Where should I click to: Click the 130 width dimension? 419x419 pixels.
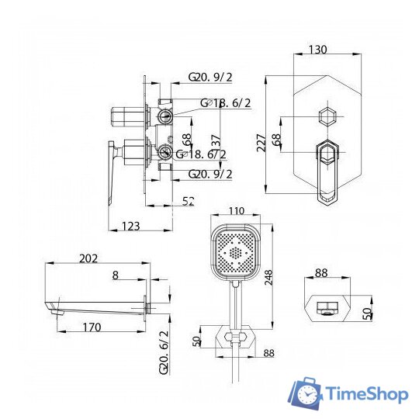(x=317, y=50)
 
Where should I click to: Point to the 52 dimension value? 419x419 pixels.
(x=189, y=201)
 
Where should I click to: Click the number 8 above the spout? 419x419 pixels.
(x=115, y=274)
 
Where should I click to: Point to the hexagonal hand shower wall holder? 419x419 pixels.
(x=232, y=339)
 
